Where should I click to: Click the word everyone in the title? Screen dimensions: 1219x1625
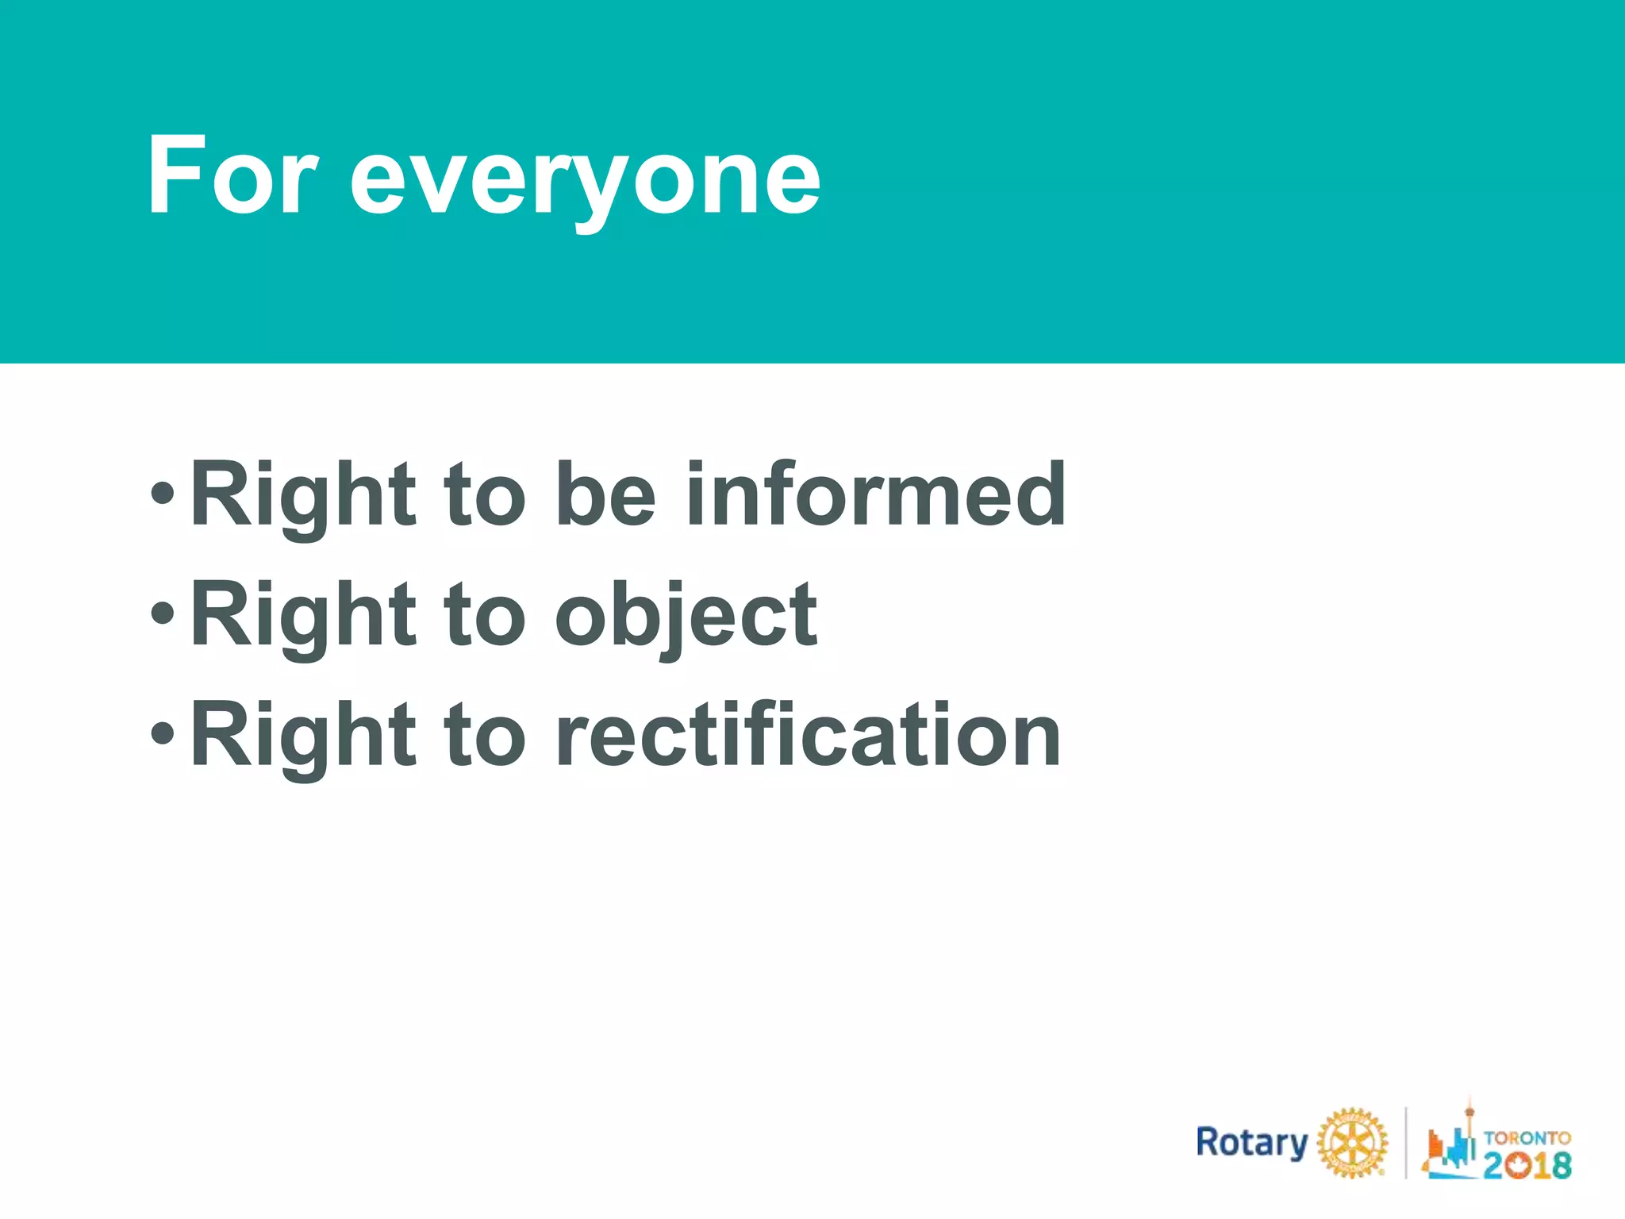pos(585,181)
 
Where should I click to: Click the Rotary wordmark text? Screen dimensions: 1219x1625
pos(1251,1143)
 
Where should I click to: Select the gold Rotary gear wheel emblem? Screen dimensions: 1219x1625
pos(1352,1143)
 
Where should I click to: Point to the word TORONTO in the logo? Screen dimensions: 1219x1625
pos(1527,1137)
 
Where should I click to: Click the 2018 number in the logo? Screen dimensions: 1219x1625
pos(1527,1165)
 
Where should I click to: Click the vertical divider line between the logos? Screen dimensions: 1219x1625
pos(1405,1143)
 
